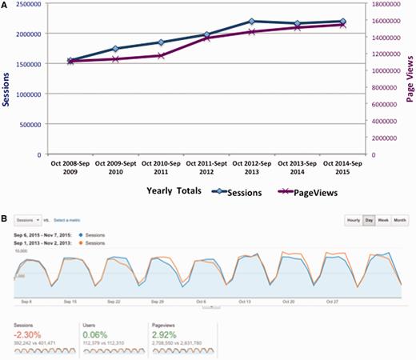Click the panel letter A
pyautogui.click(x=6, y=6)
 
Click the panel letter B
pyautogui.click(x=6, y=217)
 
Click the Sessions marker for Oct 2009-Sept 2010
pyautogui.click(x=116, y=49)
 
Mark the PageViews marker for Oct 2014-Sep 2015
pyautogui.click(x=343, y=25)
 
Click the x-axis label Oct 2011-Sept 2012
pyautogui.click(x=206, y=166)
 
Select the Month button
pyautogui.click(x=401, y=220)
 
